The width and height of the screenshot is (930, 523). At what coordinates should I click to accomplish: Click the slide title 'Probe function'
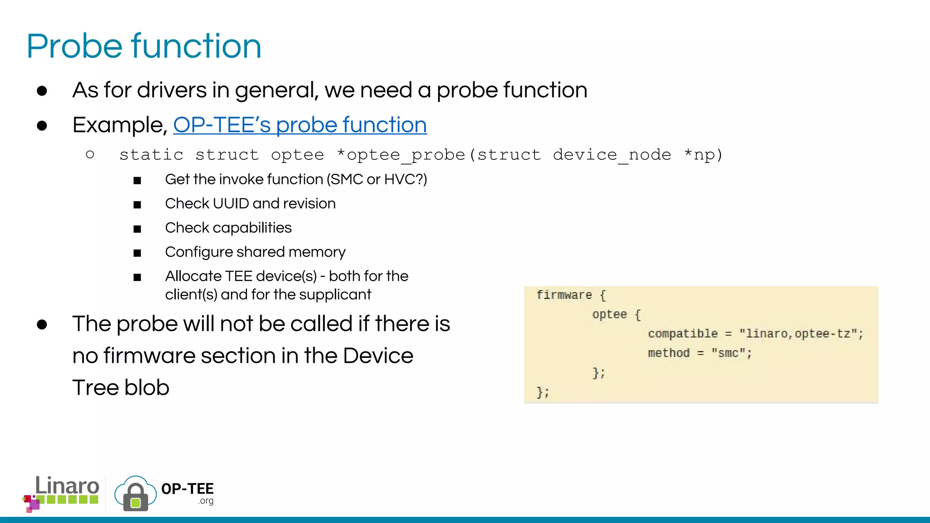tap(144, 46)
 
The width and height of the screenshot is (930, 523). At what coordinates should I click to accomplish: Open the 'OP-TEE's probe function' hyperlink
tap(300, 125)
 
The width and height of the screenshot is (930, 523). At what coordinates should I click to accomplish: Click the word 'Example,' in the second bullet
tap(120, 125)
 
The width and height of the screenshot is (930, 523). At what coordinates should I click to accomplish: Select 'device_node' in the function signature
tap(612, 155)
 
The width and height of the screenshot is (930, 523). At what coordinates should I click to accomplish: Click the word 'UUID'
tap(231, 203)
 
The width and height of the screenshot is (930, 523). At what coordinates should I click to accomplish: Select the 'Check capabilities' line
tap(228, 227)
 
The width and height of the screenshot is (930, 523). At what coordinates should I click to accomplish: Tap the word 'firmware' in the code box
tap(564, 295)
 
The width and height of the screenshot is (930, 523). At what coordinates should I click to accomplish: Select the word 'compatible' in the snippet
tap(683, 334)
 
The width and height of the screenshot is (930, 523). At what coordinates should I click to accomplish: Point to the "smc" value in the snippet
tap(728, 353)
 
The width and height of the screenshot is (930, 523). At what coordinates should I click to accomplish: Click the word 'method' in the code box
tap(668, 353)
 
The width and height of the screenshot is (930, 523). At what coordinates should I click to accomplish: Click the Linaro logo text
tap(67, 486)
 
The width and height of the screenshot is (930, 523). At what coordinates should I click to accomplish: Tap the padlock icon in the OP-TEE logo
tap(135, 497)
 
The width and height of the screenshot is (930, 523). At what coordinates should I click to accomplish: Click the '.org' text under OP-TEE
tap(206, 501)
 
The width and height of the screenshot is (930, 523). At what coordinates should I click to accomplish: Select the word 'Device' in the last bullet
tap(378, 355)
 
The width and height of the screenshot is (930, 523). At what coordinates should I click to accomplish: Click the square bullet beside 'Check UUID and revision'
tap(137, 205)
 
